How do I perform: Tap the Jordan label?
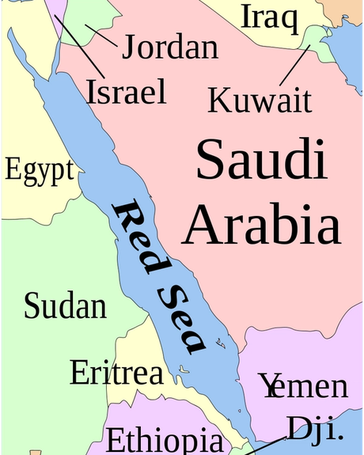(x=169, y=47)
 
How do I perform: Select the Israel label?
(x=127, y=91)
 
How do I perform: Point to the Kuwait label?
(x=260, y=100)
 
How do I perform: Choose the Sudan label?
(x=65, y=305)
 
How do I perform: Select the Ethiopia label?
(x=165, y=439)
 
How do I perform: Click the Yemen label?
(x=304, y=386)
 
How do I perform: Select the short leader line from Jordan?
(x=100, y=35)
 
